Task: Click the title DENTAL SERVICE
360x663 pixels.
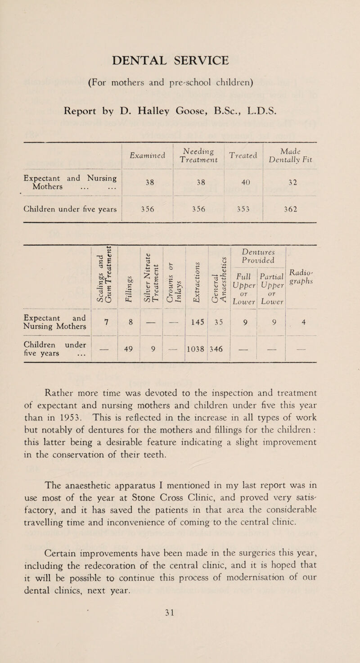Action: (x=180, y=59)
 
